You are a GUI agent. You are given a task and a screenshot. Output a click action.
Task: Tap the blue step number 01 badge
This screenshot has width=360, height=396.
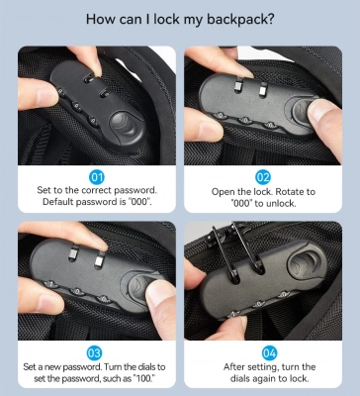[x=97, y=177]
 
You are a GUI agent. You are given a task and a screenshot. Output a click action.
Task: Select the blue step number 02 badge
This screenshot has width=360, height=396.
[x=263, y=177]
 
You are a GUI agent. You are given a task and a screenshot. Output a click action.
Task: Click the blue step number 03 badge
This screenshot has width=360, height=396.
[x=94, y=353]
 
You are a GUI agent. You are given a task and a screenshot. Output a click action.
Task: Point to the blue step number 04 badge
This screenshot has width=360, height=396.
[x=269, y=353]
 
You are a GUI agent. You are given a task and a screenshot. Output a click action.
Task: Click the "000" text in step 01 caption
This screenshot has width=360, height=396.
[x=139, y=202]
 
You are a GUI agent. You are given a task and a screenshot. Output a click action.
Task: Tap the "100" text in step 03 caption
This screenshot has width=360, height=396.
[x=145, y=378]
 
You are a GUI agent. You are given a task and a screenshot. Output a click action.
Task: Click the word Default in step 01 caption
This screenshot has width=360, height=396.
[x=58, y=202]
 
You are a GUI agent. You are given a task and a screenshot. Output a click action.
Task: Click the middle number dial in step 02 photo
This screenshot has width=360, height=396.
[x=245, y=121]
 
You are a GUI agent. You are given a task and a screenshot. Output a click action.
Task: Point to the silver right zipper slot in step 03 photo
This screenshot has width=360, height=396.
[x=99, y=260]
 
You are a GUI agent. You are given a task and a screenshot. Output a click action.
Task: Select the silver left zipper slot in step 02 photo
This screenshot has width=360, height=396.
[x=238, y=85]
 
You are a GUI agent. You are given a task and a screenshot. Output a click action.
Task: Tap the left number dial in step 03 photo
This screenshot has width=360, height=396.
[x=51, y=284]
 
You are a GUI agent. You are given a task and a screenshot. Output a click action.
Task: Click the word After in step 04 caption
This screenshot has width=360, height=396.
[x=233, y=367]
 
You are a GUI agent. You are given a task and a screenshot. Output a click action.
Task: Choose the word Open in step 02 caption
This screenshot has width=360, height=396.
[x=224, y=192]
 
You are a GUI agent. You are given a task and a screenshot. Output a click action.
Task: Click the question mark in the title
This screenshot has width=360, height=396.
[x=270, y=19]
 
